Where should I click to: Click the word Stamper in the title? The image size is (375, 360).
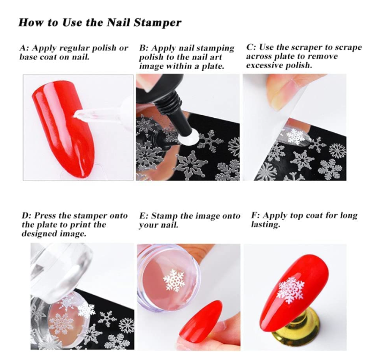pyautogui.click(x=158, y=23)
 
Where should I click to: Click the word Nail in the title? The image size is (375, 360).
pyautogui.click(x=119, y=22)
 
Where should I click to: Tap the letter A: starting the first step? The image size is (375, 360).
pyautogui.click(x=25, y=48)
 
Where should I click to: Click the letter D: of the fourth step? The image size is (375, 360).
pyautogui.click(x=27, y=215)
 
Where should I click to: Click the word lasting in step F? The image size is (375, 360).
pyautogui.click(x=265, y=224)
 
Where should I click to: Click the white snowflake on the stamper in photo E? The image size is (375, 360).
pyautogui.click(x=174, y=281)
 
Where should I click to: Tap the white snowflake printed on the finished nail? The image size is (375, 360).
pyautogui.click(x=291, y=290)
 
